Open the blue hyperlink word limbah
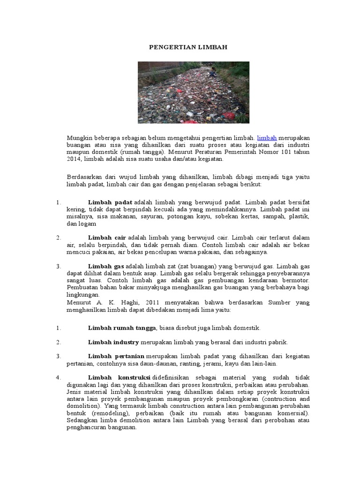click(x=267, y=138)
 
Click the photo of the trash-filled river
click(x=193, y=92)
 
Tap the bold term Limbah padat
click(x=110, y=202)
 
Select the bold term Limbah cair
click(x=107, y=238)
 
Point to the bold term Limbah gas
click(x=106, y=266)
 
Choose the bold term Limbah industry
click(x=113, y=342)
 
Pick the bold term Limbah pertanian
click(x=117, y=357)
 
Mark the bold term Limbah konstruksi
click(x=119, y=378)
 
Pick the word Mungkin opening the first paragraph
click(x=78, y=138)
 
